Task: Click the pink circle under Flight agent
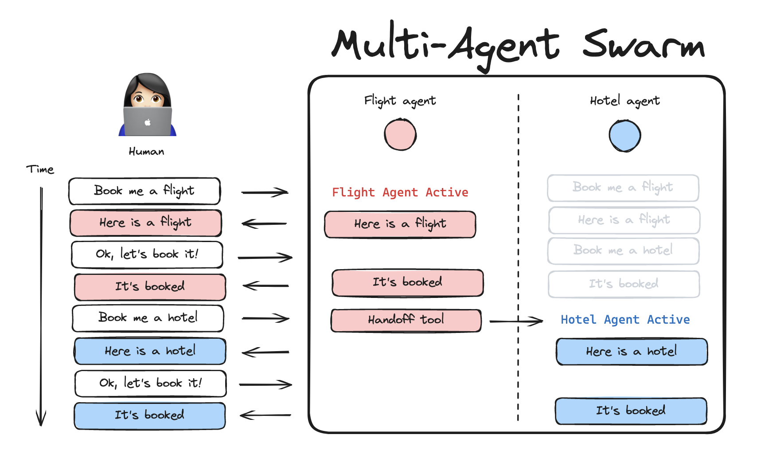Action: click(x=400, y=134)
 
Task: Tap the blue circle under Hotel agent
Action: click(x=625, y=136)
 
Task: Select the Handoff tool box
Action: click(x=406, y=320)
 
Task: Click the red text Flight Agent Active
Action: click(x=400, y=192)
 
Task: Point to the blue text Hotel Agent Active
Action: click(x=625, y=320)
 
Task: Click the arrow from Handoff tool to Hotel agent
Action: click(x=516, y=321)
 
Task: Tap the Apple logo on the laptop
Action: click(x=148, y=122)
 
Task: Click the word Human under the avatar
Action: click(x=146, y=152)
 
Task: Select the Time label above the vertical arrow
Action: click(x=40, y=169)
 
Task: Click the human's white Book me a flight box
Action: click(x=144, y=191)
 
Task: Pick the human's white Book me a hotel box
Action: click(x=148, y=318)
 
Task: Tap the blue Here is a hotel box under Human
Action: click(x=150, y=351)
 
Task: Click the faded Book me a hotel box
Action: click(x=623, y=251)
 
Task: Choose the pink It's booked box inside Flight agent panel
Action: click(x=407, y=282)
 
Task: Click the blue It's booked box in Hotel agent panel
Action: click(x=631, y=411)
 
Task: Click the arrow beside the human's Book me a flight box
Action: click(x=265, y=192)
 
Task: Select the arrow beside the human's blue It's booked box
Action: click(x=265, y=415)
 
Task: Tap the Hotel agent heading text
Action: click(x=625, y=101)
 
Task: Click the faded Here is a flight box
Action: click(x=624, y=220)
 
